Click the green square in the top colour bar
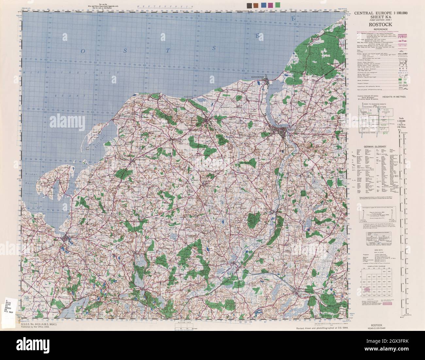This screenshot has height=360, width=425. pyautogui.click(x=278, y=5)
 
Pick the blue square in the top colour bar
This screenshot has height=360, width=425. pyautogui.click(x=263, y=5)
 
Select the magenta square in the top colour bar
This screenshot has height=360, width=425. pyautogui.click(x=270, y=5)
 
